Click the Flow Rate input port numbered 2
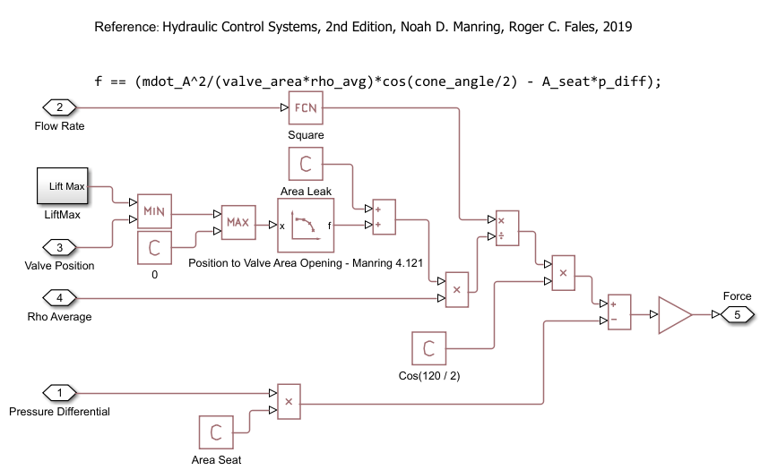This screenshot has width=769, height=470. (x=60, y=108)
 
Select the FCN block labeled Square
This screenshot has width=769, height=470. (x=306, y=108)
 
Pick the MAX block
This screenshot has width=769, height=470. (x=238, y=221)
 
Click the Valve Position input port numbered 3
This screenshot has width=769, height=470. (x=60, y=247)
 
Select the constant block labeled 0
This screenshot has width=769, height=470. (x=153, y=247)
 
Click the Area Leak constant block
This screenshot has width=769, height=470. (x=306, y=165)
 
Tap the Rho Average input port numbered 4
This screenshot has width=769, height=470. (x=60, y=297)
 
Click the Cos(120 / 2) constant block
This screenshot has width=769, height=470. (x=428, y=348)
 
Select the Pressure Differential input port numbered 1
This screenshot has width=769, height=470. (x=60, y=392)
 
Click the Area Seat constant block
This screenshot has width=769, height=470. (x=215, y=433)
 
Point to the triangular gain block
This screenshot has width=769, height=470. (x=674, y=315)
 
